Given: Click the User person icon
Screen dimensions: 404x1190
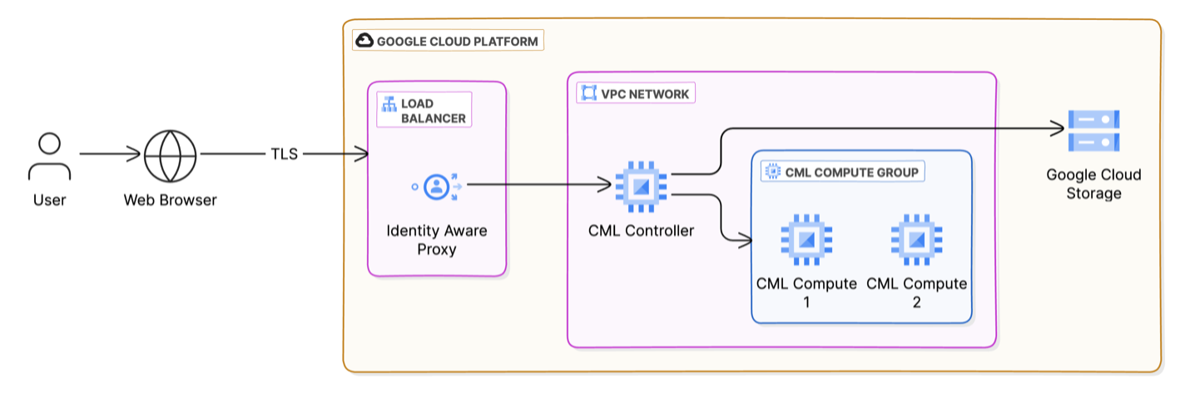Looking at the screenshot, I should [x=50, y=157].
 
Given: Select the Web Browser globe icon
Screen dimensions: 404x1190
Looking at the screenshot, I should [x=170, y=155].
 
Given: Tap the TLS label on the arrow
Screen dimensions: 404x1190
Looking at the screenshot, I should [x=284, y=154].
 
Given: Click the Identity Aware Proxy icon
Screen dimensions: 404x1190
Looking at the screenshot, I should [x=437, y=187].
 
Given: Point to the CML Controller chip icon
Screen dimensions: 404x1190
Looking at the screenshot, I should [x=641, y=186].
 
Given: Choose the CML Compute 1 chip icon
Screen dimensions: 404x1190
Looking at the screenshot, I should [x=806, y=240].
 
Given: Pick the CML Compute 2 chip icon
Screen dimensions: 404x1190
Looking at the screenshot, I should [x=916, y=240].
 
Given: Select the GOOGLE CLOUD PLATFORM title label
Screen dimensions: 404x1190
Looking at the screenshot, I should [x=457, y=41].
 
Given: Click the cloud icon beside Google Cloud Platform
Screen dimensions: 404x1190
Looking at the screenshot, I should [x=364, y=41].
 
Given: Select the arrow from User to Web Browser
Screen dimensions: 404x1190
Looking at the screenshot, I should [x=110, y=154].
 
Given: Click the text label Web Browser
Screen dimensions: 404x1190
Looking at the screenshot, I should [x=170, y=200].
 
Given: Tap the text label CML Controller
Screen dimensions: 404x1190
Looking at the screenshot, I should [x=641, y=231].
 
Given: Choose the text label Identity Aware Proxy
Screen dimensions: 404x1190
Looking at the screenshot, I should [x=437, y=240].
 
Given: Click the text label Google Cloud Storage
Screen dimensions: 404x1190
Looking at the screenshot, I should [x=1093, y=184].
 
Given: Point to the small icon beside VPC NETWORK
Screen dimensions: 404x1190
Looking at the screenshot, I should [x=589, y=94].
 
